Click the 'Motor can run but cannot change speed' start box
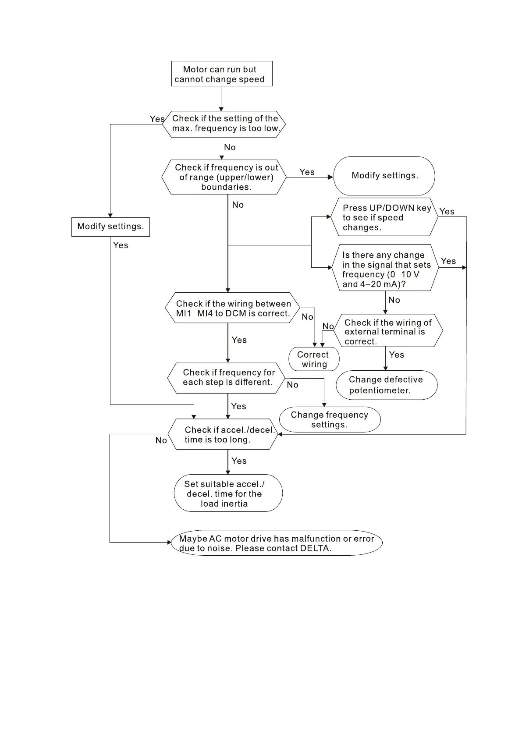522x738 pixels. (x=221, y=74)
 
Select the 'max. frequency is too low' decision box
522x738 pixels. (x=224, y=124)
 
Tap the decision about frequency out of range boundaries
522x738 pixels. (x=224, y=177)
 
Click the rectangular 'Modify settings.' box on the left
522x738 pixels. (x=110, y=227)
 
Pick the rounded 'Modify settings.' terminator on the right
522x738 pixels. (x=384, y=176)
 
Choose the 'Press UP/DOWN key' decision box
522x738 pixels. (x=384, y=217)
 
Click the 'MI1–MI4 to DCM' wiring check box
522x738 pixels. (x=233, y=308)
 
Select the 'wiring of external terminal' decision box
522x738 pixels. (x=387, y=331)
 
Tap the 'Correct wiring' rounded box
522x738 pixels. (x=314, y=359)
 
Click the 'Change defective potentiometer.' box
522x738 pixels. (x=386, y=385)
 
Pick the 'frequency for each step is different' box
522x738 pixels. (x=227, y=377)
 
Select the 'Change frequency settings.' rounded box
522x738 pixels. (x=330, y=419)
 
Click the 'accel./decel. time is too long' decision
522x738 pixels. (x=223, y=434)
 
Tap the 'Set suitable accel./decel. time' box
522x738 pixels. (x=227, y=493)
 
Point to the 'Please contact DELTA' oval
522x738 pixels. (x=277, y=543)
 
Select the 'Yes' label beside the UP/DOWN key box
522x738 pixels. (x=447, y=212)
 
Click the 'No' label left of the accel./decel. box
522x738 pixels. (x=161, y=440)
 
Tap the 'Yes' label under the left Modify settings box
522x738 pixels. (x=121, y=245)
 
